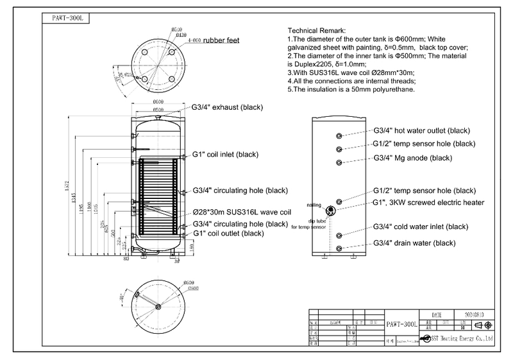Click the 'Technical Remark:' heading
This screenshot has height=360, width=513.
click(x=315, y=31)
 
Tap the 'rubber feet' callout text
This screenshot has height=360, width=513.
click(x=221, y=40)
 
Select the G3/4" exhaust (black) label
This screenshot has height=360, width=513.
click(x=228, y=107)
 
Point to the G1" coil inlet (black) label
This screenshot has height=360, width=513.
click(x=225, y=155)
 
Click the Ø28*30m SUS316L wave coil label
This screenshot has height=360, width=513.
click(x=242, y=212)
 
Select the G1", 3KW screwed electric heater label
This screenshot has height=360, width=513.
click(x=428, y=202)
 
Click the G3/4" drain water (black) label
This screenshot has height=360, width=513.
click(x=414, y=243)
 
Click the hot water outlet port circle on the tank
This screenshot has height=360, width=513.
click(x=340, y=135)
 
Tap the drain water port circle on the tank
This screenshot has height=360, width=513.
click(x=340, y=248)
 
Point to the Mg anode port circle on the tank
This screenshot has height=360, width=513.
click(x=340, y=161)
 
